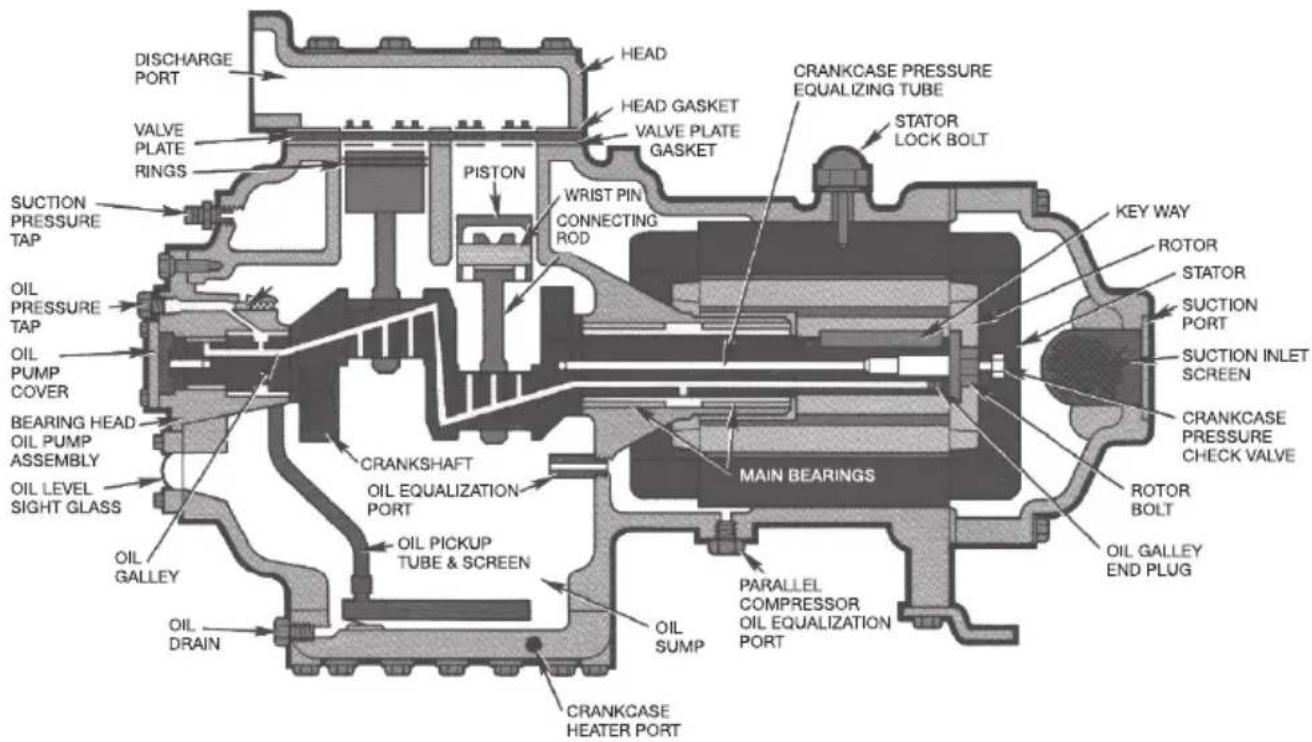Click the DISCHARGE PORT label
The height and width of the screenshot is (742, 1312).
pos(183,69)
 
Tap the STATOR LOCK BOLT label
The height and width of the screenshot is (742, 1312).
pos(941,130)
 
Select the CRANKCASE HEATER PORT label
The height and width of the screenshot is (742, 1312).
pos(623,720)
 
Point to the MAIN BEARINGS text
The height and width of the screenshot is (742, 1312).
pos(807,475)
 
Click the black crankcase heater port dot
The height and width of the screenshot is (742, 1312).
pos(533,644)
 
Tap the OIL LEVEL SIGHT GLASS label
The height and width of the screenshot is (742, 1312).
pos(66,498)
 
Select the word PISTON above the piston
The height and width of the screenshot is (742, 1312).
pos(494,172)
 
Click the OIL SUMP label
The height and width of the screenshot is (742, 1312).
pos(679,637)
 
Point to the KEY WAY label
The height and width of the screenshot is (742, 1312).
pos(1152,211)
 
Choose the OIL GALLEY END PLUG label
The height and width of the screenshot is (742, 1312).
pos(1153,560)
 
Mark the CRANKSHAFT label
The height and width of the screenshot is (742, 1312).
pos(416,464)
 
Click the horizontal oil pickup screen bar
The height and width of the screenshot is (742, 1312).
pos(436,610)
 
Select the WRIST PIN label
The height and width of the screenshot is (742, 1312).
pos(603,195)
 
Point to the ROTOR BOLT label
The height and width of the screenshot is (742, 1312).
pos(1159,500)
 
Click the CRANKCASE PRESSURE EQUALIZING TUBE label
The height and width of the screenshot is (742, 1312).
pos(892,80)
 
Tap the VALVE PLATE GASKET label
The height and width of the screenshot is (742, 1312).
pos(687,141)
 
